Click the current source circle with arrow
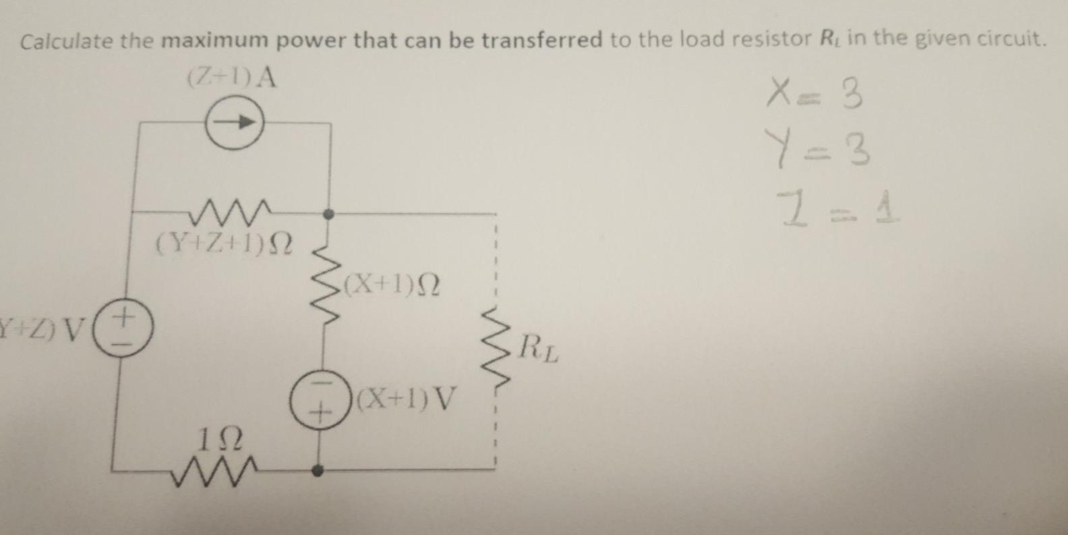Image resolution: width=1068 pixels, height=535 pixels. pos(234,123)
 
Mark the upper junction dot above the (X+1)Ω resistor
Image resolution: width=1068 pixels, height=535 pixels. pos(329,214)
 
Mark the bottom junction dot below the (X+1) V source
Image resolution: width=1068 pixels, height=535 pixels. pos(318,470)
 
